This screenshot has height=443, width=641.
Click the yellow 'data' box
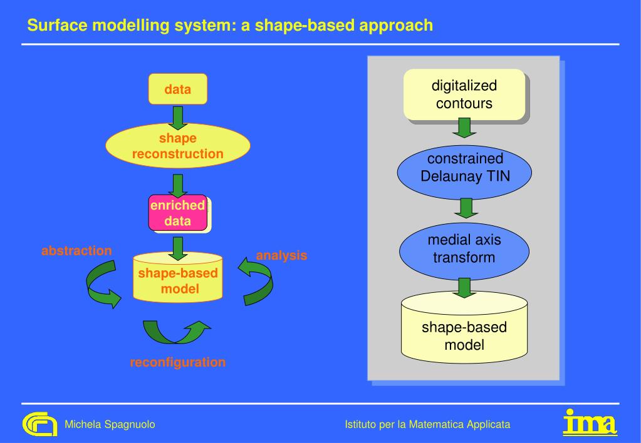pos(177,89)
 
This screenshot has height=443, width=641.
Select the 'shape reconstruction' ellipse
pos(177,146)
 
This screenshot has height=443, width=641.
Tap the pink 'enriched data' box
pos(177,213)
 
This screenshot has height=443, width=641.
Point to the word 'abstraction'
pos(76,251)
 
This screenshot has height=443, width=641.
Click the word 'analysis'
pos(281,255)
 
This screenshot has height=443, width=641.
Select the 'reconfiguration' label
pos(177,362)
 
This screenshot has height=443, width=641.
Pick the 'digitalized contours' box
pos(464,94)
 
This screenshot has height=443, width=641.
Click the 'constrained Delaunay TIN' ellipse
pos(464,168)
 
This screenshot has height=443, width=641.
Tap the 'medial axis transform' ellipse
pos(464,248)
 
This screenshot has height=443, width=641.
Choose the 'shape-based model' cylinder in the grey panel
pos(464,332)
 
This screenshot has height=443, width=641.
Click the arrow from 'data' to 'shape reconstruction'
pos(178,117)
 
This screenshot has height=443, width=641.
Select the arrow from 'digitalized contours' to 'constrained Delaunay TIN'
pos(464,128)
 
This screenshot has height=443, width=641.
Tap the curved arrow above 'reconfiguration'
pos(176,332)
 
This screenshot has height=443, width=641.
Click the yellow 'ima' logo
pos(590,422)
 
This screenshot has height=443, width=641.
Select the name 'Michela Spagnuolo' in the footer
pos(110,425)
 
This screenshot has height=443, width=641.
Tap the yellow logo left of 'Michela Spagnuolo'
pos(39,424)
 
